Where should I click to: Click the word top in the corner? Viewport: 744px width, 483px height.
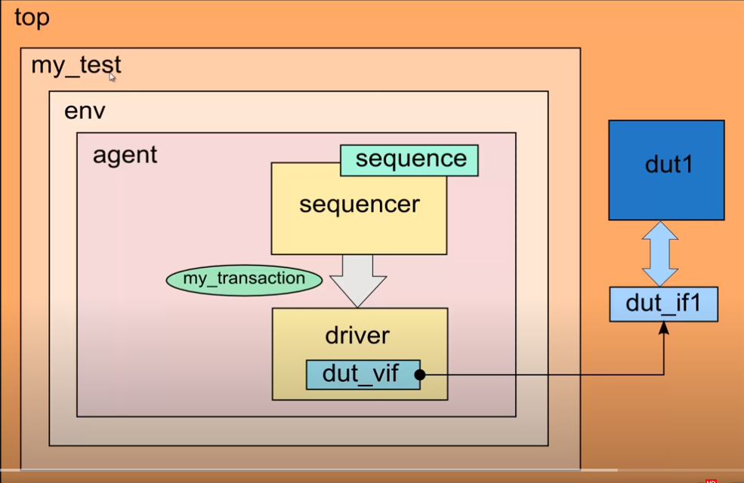tap(32, 18)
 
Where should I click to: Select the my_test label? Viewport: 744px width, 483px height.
tap(76, 66)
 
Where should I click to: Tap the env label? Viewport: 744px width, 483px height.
tap(85, 112)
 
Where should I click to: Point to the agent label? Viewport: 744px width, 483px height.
tap(125, 155)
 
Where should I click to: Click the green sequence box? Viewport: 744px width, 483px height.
tap(409, 160)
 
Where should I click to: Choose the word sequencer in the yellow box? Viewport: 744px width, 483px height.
tap(360, 204)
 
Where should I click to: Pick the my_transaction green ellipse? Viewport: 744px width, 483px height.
tap(243, 279)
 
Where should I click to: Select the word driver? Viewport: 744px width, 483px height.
tap(358, 334)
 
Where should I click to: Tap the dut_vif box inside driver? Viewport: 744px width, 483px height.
tap(362, 374)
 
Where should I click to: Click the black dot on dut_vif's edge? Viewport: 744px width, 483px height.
tap(421, 374)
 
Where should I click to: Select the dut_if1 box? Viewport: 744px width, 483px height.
tap(663, 304)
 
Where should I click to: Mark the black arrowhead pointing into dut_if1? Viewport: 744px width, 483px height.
tap(664, 326)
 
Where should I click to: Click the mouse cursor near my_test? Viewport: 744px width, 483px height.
tap(112, 76)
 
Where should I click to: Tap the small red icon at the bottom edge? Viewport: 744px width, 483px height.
tap(710, 480)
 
